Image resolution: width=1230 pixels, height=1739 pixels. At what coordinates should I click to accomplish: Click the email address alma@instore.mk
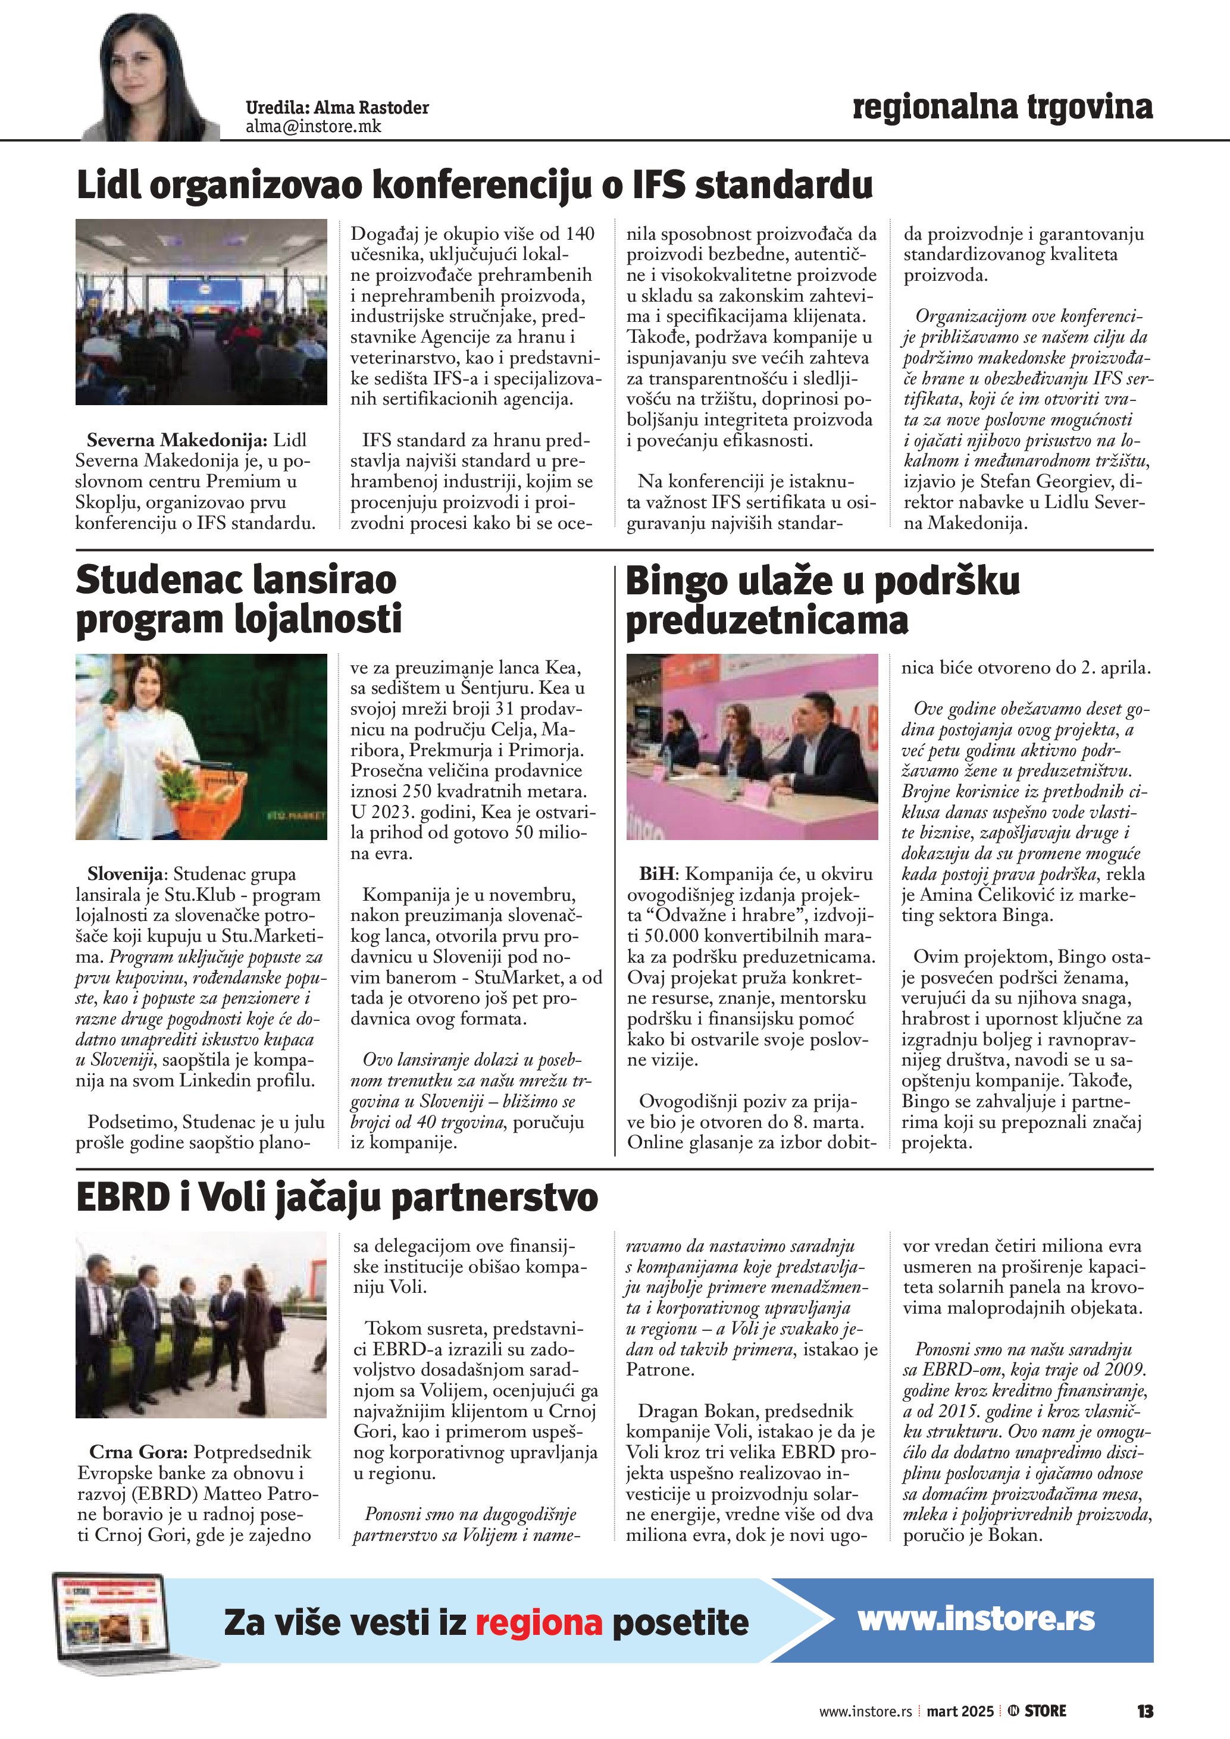click(313, 127)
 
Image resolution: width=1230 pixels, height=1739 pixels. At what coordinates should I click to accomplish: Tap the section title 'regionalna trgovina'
click(1002, 107)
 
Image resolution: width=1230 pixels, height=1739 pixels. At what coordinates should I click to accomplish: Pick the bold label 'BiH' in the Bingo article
click(658, 874)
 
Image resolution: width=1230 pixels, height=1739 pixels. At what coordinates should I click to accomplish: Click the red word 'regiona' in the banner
click(539, 1623)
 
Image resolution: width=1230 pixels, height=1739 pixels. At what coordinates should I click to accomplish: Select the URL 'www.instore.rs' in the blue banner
click(975, 1619)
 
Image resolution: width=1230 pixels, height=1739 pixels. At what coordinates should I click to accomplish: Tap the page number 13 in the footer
click(1144, 1711)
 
